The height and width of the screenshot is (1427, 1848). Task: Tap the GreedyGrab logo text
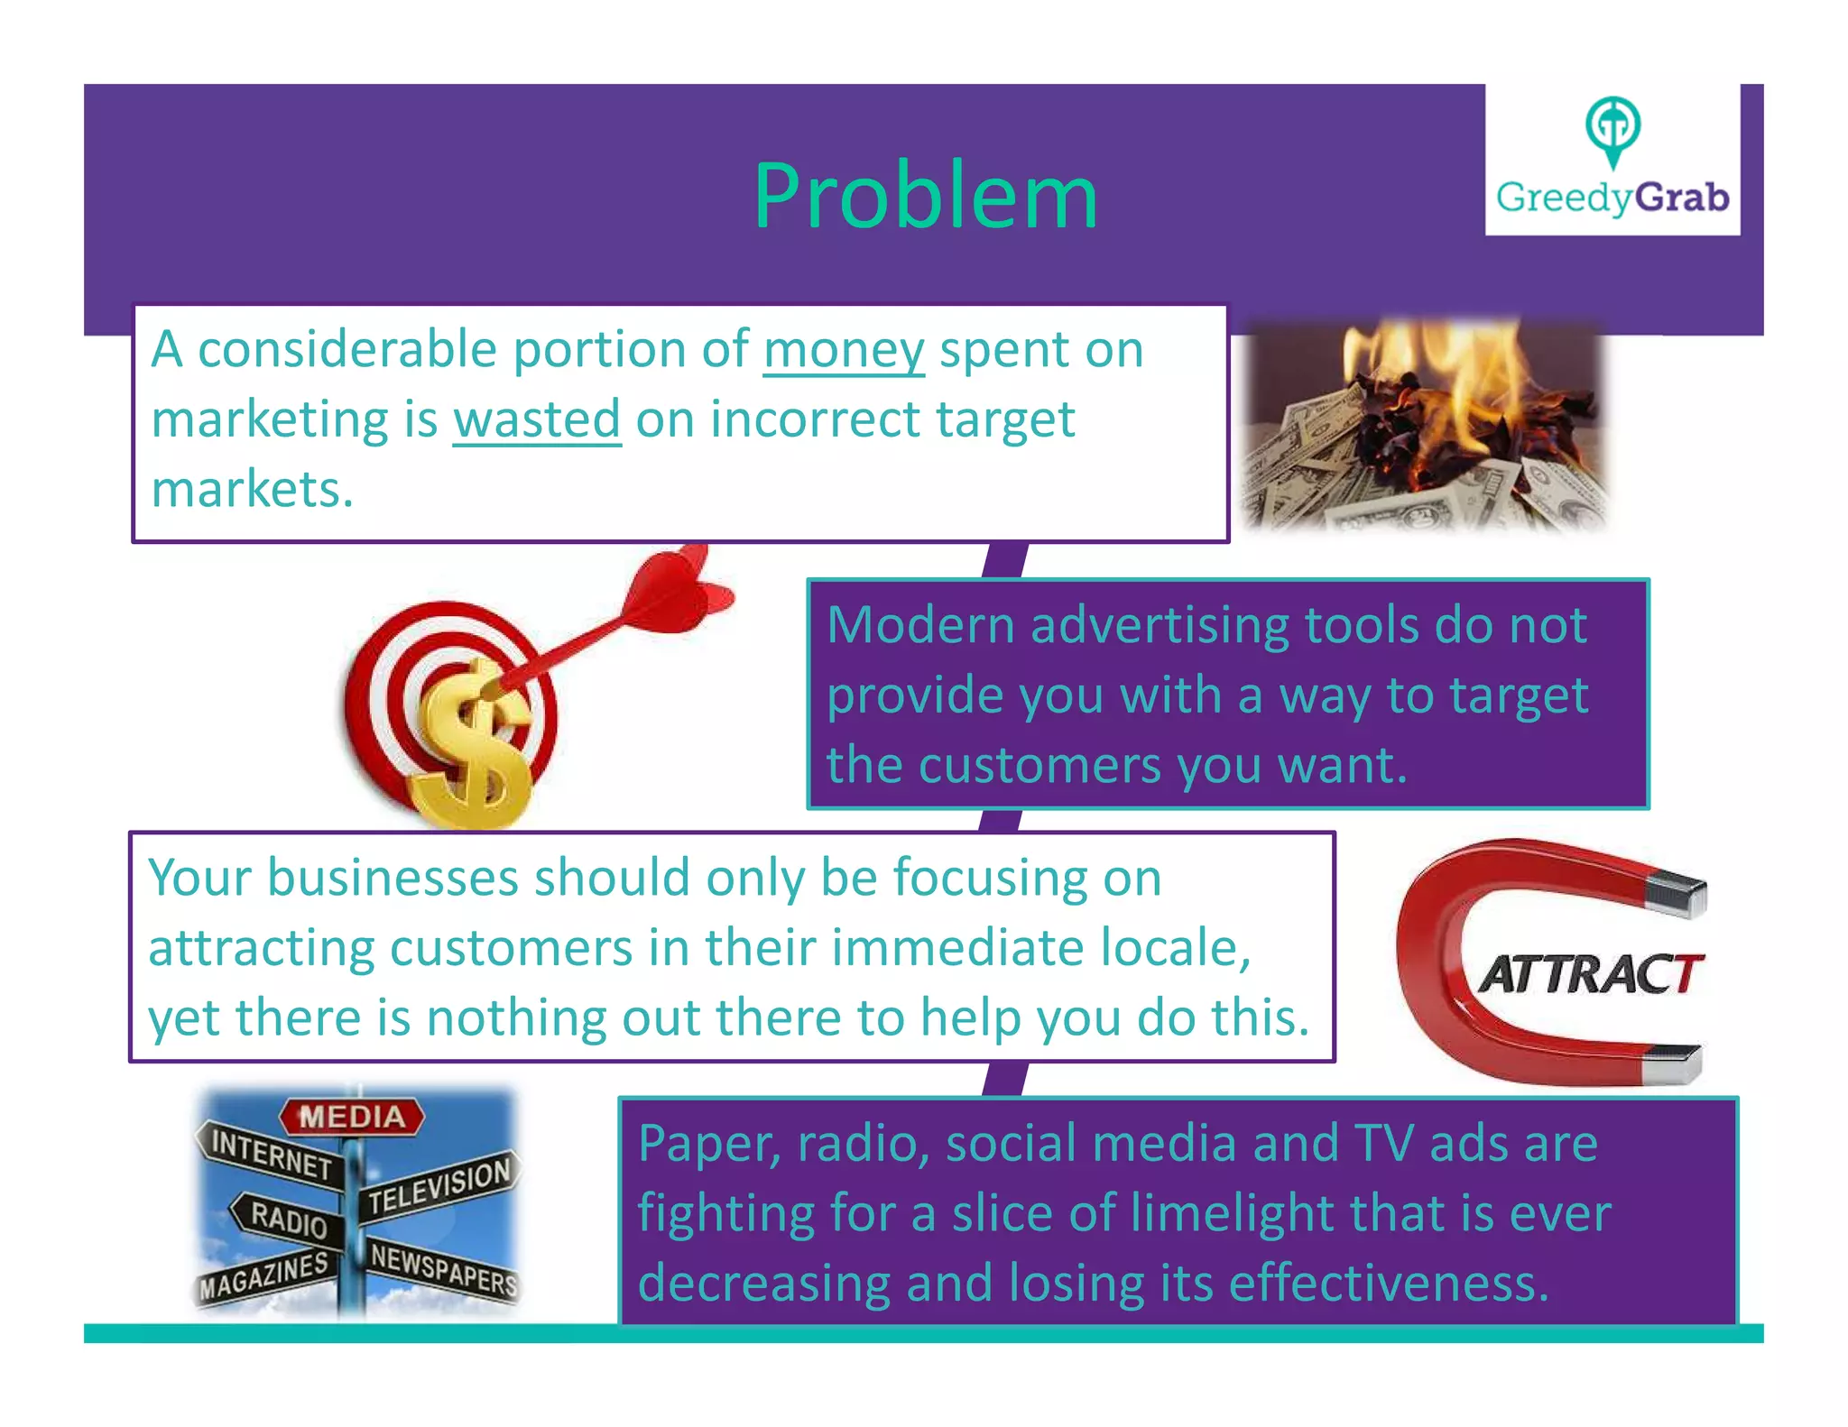[1612, 198]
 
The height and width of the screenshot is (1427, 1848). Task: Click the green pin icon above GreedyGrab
[1612, 128]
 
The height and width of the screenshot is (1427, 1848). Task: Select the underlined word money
[844, 350]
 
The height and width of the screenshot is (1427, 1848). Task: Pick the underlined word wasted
[537, 419]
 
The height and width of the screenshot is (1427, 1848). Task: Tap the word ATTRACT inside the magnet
[1590, 974]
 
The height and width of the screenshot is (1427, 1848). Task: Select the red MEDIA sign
[352, 1117]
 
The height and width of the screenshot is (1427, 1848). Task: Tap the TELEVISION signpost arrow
[440, 1186]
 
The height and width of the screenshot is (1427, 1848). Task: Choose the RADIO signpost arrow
[287, 1218]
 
